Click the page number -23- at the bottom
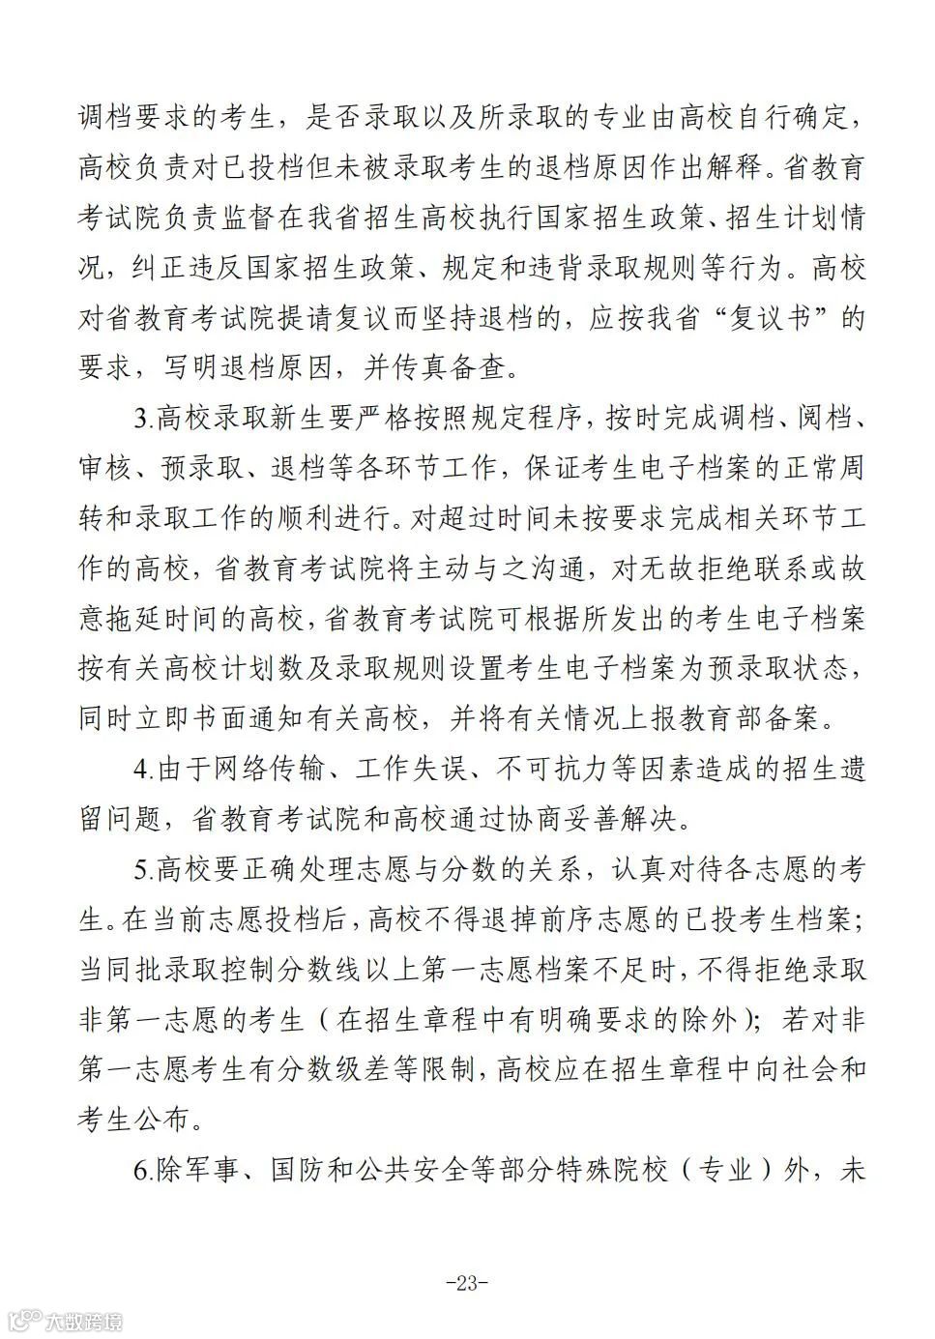click(x=467, y=1283)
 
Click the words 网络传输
click(x=254, y=770)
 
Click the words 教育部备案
click(x=765, y=719)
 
